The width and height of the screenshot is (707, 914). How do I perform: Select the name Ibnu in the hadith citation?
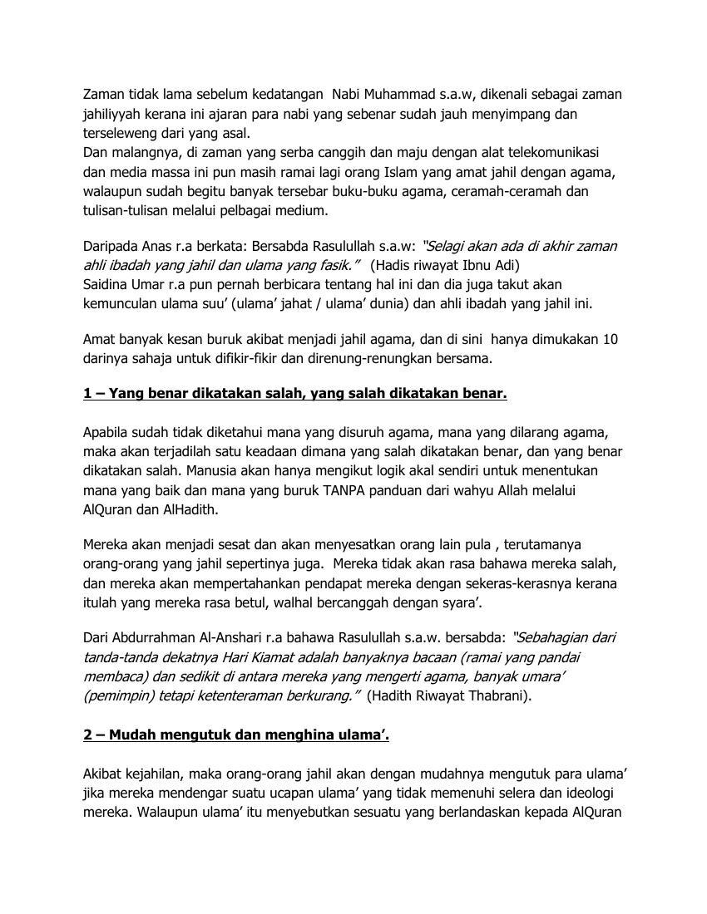pos(477,266)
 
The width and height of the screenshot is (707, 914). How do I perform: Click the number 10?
pos(610,339)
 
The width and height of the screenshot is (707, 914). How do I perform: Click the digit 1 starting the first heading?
pos(87,393)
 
